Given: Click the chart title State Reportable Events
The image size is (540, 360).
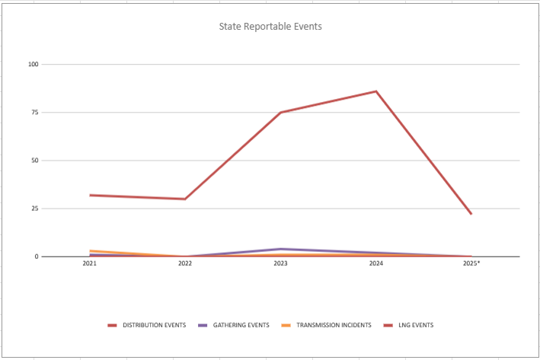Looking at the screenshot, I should tap(270, 27).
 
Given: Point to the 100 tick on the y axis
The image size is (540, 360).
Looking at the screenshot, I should tap(33, 65).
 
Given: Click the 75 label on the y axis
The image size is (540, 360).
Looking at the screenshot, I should tap(34, 113).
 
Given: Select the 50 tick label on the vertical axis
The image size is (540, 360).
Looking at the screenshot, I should tap(34, 161).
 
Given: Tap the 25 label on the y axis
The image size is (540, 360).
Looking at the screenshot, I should tap(34, 209).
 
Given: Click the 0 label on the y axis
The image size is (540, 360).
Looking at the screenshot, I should tap(36, 256).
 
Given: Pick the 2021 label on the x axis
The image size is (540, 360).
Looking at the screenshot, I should tap(90, 263).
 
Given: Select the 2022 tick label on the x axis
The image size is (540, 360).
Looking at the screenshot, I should tap(185, 263).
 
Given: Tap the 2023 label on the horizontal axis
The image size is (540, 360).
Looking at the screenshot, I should tap(280, 263).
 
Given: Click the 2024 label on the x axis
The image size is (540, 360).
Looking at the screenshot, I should tap(375, 263).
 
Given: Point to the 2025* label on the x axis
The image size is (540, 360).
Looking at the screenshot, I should tap(471, 263).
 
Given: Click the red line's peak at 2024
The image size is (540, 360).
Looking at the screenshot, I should tap(375, 91).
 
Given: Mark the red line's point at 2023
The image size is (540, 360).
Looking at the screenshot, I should tap(280, 113).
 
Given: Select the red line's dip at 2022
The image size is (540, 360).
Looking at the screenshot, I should tap(185, 199).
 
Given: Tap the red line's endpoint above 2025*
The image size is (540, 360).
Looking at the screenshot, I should tap(471, 214).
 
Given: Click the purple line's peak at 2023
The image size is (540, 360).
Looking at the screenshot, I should tap(280, 249).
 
